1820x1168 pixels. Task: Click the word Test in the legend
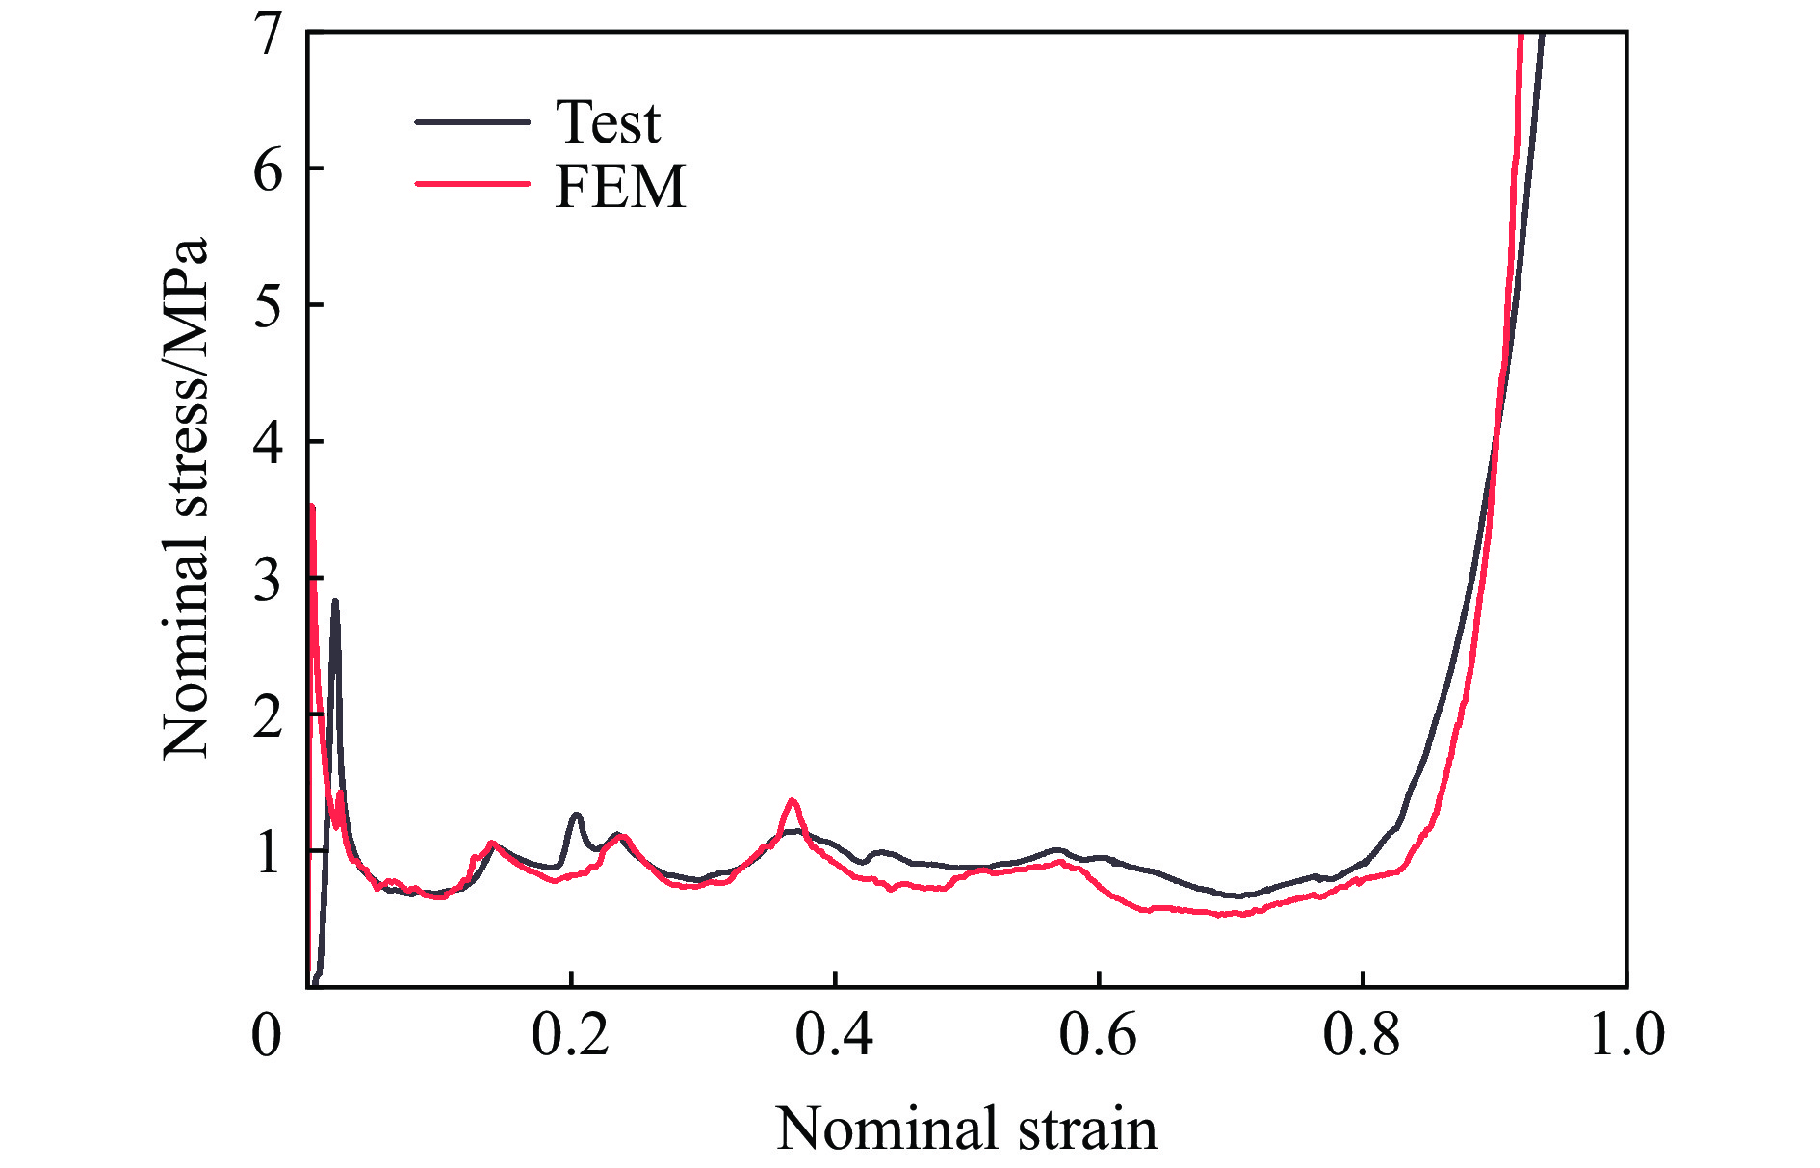(608, 122)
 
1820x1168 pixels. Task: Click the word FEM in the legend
(620, 186)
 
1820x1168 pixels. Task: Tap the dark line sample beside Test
(472, 122)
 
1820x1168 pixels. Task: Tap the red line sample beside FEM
(472, 183)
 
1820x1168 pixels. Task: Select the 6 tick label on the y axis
(269, 170)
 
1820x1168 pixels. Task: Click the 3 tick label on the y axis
(269, 580)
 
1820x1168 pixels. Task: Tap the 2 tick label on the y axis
(269, 716)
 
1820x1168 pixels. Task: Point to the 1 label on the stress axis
(269, 853)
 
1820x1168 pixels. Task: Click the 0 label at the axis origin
(267, 1035)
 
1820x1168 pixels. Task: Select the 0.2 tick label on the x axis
(570, 1035)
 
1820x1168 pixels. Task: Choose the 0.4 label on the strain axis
(834, 1035)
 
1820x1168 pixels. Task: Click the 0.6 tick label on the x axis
(1098, 1035)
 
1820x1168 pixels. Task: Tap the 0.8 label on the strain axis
(1362, 1035)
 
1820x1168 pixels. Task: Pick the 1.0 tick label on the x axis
(1625, 1035)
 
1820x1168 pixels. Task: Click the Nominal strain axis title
(967, 1128)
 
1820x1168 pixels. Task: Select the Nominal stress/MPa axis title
(185, 497)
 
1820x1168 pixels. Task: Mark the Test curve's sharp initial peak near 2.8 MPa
(334, 602)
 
